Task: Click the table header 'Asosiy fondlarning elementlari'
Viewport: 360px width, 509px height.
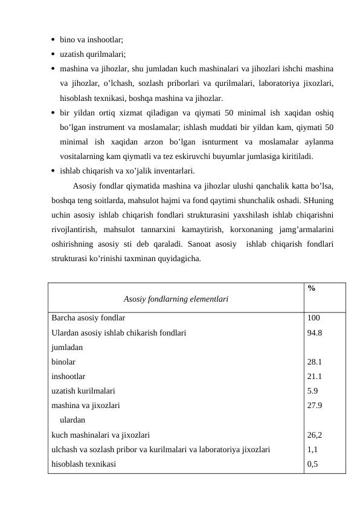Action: [x=175, y=299]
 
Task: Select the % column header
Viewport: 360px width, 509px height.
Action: [x=310, y=288]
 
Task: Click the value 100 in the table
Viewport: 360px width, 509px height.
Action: [x=313, y=317]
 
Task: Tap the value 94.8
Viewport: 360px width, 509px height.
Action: [x=314, y=332]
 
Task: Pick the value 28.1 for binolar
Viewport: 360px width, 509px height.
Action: [x=314, y=361]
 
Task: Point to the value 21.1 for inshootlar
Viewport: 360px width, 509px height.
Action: [x=314, y=376]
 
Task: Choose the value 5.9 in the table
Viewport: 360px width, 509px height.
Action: [x=312, y=391]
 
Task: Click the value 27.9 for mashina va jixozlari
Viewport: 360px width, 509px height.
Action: [x=314, y=405]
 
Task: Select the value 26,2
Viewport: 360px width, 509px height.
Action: [x=314, y=435]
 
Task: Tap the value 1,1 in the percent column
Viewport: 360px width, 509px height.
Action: [x=312, y=449]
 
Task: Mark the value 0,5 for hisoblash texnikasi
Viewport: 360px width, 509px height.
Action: [x=312, y=464]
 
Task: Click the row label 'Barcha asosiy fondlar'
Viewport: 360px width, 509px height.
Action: [x=88, y=317]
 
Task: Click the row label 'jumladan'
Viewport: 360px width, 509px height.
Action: [x=67, y=347]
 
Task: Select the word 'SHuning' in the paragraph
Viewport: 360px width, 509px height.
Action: [x=320, y=199]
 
